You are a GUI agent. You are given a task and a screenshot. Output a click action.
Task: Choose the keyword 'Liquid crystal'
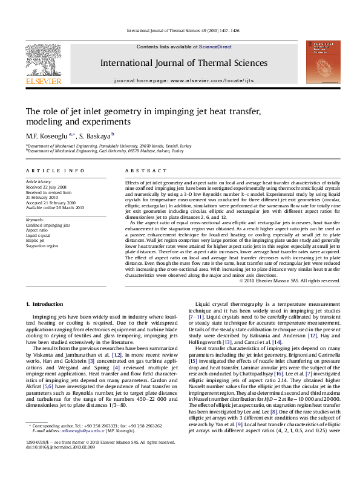(x=39, y=235)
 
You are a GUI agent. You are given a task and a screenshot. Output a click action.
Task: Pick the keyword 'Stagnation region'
(x=42, y=246)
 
